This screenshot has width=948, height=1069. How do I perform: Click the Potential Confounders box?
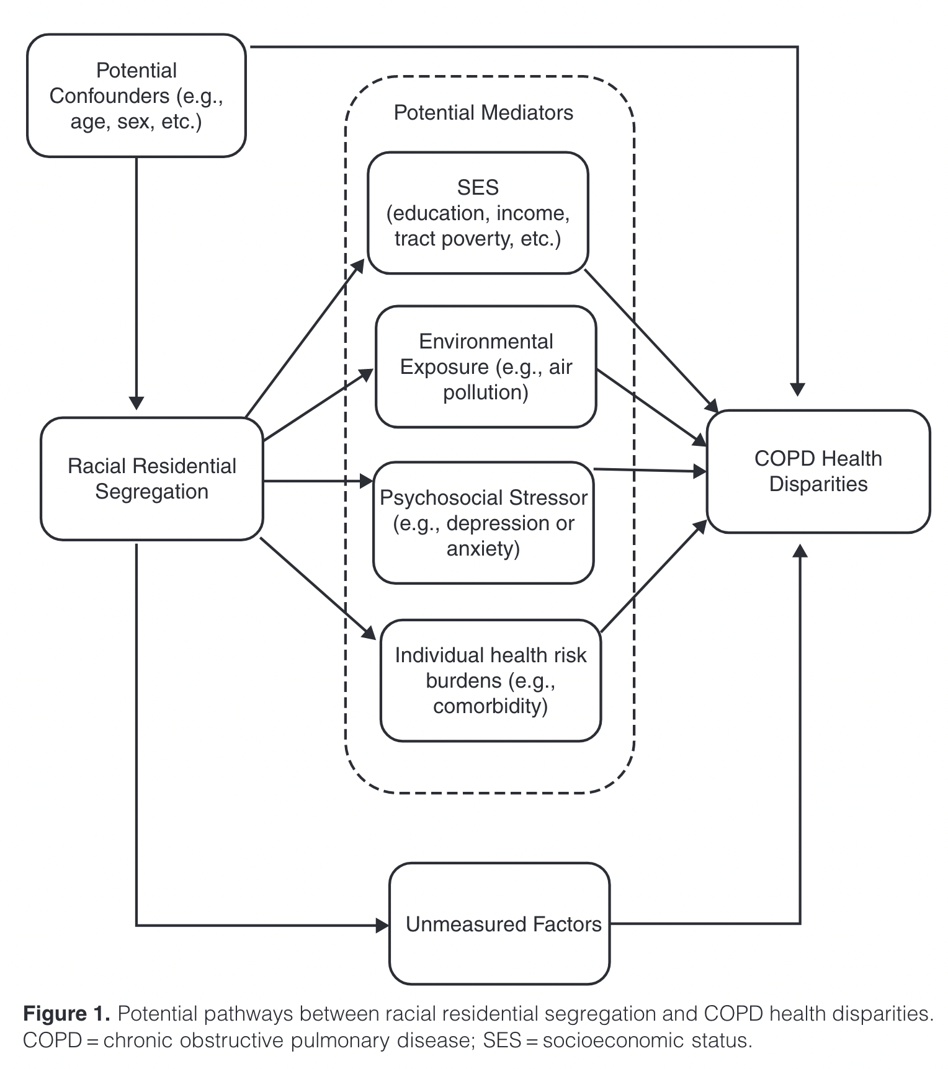click(136, 95)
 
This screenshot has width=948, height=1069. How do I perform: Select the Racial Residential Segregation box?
click(152, 478)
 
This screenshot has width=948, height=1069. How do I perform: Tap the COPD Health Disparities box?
click(818, 471)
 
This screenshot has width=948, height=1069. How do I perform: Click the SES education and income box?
click(478, 213)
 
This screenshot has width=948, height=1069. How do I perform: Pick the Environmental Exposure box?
click(486, 366)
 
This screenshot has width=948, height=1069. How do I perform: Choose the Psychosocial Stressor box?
click(483, 523)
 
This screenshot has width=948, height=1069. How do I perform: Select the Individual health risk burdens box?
click(490, 680)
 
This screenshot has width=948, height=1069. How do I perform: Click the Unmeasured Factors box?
click(499, 923)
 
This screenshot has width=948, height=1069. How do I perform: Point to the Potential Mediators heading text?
click(483, 113)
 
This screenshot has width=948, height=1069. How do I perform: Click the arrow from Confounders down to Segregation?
click(136, 279)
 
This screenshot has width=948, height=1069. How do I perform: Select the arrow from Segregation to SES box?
click(304, 339)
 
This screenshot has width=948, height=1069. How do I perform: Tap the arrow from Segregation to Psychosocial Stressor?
click(316, 481)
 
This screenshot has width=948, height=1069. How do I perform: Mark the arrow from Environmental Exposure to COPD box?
click(651, 407)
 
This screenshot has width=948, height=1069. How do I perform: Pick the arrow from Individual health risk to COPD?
click(655, 577)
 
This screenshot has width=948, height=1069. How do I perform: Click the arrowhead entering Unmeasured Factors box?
click(382, 926)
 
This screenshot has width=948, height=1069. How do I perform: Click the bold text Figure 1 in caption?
click(66, 1014)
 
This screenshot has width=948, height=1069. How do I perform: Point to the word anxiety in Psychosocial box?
click(483, 549)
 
